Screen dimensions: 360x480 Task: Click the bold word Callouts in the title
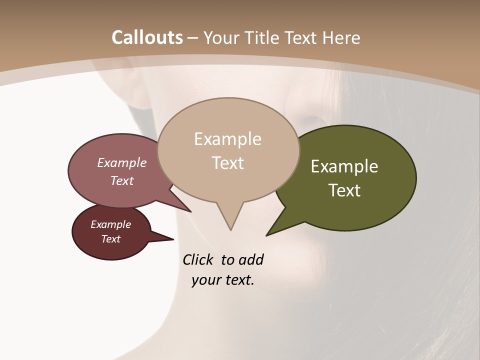[147, 37]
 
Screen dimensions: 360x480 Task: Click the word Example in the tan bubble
[227, 139]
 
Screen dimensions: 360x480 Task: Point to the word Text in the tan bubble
[228, 163]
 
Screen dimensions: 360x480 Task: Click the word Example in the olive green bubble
[344, 166]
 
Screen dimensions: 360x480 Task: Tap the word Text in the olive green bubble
[345, 190]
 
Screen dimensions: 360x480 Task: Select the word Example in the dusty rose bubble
[122, 163]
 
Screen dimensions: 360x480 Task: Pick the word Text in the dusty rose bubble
[122, 180]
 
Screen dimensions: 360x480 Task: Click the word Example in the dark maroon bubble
[110, 224]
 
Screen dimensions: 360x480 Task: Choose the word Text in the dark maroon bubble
[111, 239]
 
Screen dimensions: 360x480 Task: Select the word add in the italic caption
[251, 259]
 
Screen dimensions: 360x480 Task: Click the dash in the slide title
[193, 38]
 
